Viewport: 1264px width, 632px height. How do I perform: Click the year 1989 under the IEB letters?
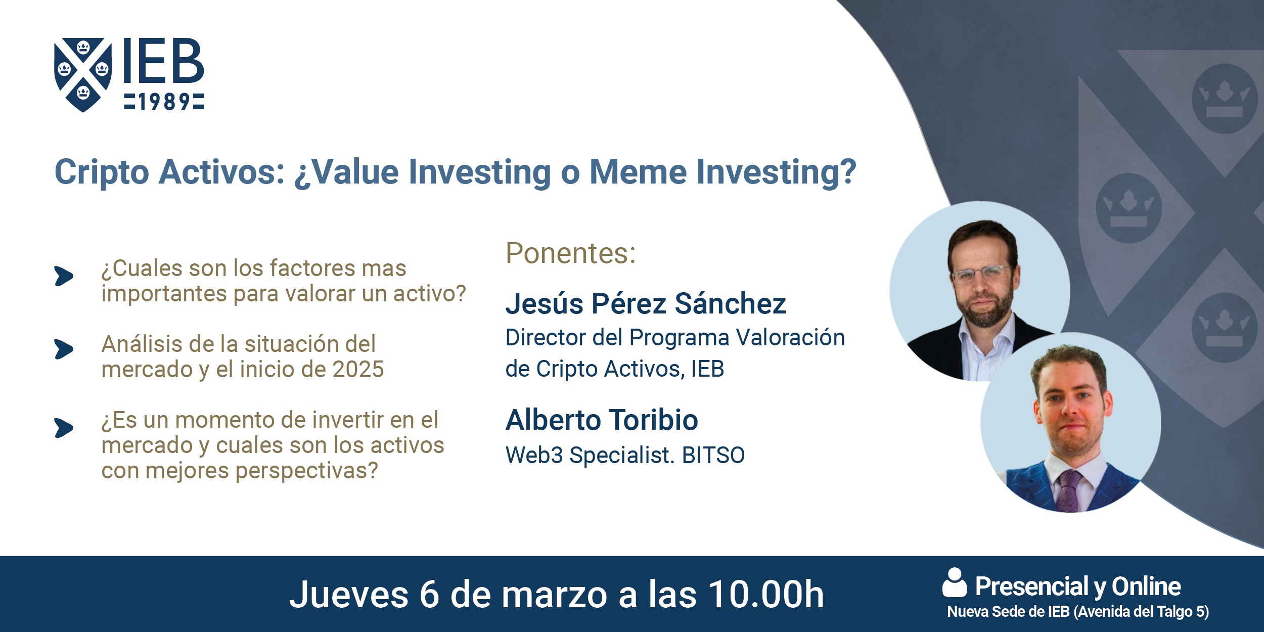tap(164, 102)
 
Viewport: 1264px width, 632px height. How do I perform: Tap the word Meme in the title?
tap(638, 172)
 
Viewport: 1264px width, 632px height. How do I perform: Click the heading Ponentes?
tap(571, 253)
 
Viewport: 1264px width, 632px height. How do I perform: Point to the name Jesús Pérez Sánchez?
tap(646, 304)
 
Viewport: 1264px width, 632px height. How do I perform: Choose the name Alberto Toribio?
tap(602, 420)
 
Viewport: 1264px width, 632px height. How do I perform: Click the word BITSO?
tap(713, 455)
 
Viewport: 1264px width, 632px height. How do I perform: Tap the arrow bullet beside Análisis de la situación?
tap(64, 349)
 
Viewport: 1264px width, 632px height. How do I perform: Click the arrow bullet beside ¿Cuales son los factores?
tap(64, 276)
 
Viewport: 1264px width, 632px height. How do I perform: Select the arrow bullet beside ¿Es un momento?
tap(64, 428)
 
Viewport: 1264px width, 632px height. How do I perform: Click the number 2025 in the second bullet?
tap(358, 370)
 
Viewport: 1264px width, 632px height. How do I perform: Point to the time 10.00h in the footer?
tap(766, 594)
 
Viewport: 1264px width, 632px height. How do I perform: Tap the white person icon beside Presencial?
tap(955, 582)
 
